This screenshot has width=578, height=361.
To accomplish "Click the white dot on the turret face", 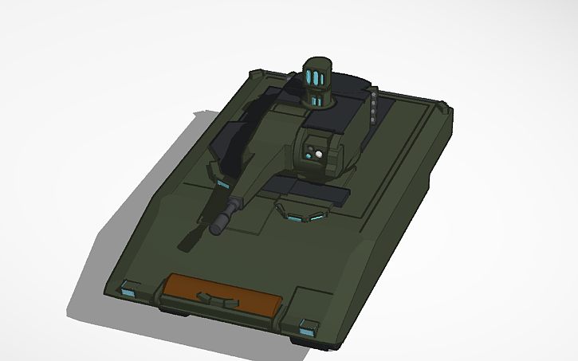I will point(317,154).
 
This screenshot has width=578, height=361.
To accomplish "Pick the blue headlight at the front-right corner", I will point(307,324).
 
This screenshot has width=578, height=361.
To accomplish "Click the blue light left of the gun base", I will point(222,185).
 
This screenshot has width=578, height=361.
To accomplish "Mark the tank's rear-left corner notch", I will point(256,73).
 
